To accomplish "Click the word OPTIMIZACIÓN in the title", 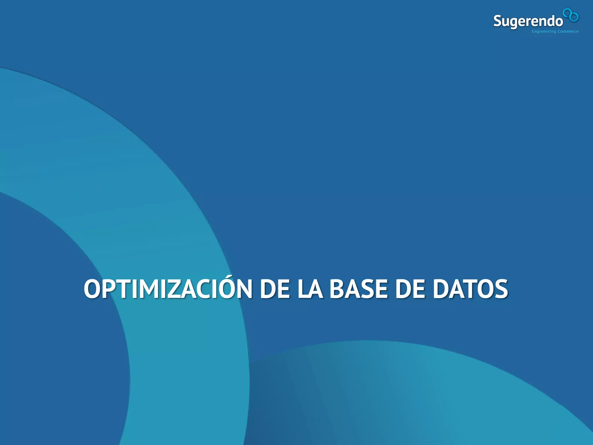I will click(x=168, y=289).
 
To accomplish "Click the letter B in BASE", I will click(x=338, y=289).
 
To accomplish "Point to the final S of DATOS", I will click(x=499, y=289).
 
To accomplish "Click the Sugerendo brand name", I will click(x=528, y=21).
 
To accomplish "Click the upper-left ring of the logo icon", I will click(x=567, y=13).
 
